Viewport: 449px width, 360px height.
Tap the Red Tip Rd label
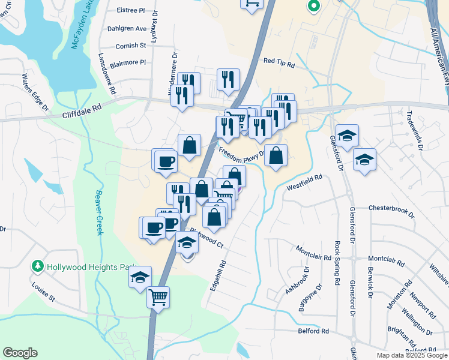280,62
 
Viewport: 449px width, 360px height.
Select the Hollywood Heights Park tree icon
38,266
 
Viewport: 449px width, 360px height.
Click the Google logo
20,353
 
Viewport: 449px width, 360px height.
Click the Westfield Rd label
304,182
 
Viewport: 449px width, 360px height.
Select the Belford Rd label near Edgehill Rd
313,331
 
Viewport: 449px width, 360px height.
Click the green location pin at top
313,7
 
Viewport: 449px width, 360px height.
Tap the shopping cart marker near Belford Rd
158,297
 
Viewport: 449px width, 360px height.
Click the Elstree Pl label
133,10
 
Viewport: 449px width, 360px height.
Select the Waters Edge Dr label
34,92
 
